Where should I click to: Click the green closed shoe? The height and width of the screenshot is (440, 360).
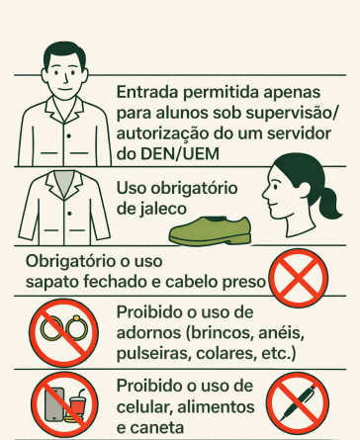click(x=211, y=231)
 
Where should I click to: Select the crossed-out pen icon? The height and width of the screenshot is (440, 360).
click(x=298, y=403)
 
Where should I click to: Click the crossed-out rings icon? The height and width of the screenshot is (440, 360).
click(x=63, y=333)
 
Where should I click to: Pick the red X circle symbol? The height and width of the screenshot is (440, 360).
click(x=299, y=279)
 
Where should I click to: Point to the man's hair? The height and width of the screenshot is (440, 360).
click(x=65, y=56)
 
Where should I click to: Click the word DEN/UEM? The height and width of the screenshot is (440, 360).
click(x=180, y=154)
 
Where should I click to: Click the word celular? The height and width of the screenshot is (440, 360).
click(x=144, y=406)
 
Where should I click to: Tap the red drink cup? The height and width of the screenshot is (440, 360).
click(x=77, y=407)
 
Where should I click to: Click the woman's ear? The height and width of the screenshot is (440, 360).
click(x=303, y=189)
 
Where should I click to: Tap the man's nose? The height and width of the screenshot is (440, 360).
click(x=65, y=78)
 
